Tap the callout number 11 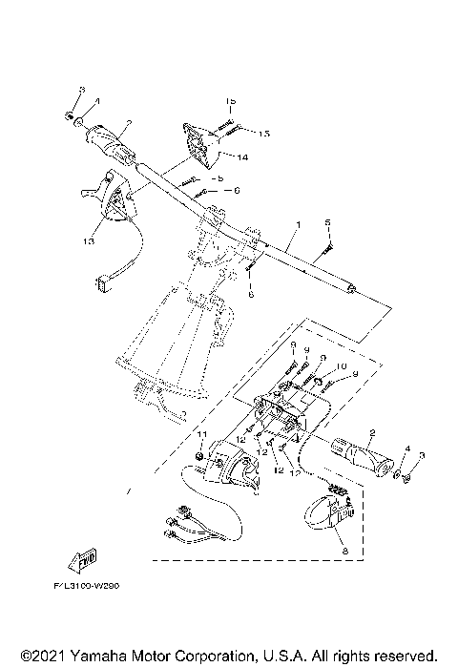(x=201, y=435)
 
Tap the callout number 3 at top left (x=81, y=89)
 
